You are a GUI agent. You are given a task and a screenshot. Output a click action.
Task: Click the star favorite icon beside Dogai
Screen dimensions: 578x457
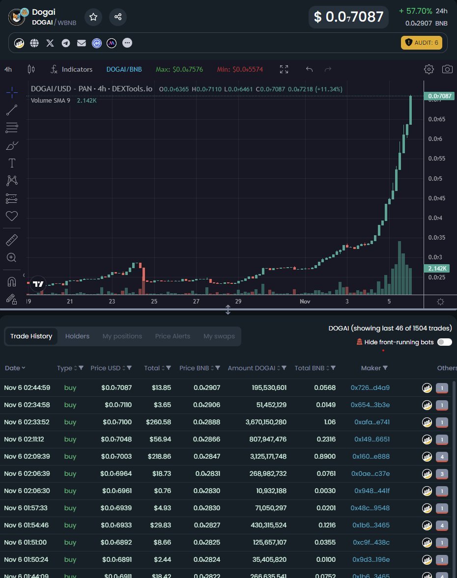(x=93, y=17)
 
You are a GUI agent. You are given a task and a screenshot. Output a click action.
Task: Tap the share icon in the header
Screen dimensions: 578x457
(x=118, y=17)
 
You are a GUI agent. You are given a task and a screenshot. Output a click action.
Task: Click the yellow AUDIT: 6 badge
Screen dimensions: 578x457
(x=422, y=43)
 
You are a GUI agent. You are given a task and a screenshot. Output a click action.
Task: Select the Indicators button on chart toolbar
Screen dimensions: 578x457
(x=72, y=69)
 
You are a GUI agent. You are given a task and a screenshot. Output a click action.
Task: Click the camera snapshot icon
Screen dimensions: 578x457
(x=447, y=69)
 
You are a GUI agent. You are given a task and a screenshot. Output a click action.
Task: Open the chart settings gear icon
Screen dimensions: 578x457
(x=429, y=69)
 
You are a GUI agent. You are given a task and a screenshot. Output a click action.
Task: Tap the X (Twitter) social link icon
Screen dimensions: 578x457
(x=50, y=43)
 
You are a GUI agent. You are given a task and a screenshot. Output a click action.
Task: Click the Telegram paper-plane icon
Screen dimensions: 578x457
(x=66, y=43)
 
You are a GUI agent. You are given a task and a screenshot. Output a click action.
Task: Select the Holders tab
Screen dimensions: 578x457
(x=77, y=336)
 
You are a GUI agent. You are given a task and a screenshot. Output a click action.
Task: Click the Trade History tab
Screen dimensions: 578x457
(x=31, y=336)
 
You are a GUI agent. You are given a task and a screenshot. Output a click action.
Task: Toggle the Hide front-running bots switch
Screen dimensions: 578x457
(x=444, y=342)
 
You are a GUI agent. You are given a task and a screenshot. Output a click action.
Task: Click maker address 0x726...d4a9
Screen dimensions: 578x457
(x=370, y=387)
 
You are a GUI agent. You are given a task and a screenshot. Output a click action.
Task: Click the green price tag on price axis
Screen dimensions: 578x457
(x=440, y=96)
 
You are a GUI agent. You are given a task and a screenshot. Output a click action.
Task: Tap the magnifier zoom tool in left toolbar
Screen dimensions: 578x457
(x=12, y=257)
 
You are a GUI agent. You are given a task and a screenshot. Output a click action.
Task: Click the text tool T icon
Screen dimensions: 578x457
(x=12, y=163)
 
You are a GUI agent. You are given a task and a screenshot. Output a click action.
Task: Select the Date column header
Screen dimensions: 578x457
(x=15, y=368)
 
